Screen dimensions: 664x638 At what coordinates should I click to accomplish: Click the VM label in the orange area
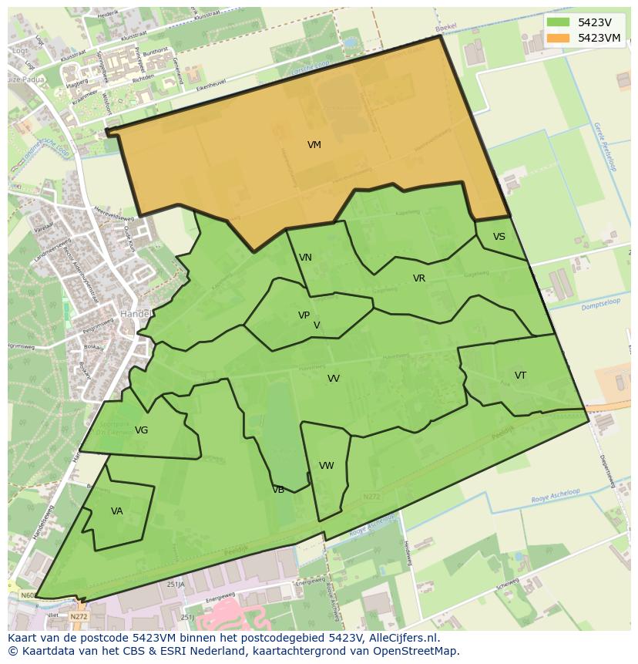pyautogui.click(x=314, y=145)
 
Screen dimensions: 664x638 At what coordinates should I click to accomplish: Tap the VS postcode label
pyautogui.click(x=499, y=237)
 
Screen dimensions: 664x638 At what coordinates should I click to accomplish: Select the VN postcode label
pyautogui.click(x=305, y=258)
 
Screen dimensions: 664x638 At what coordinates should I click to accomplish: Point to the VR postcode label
pyautogui.click(x=419, y=278)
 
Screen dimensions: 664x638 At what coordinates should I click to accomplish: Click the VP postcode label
pyautogui.click(x=304, y=315)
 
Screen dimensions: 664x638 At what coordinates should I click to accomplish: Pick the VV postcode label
pyautogui.click(x=334, y=379)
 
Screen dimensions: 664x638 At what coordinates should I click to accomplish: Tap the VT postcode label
pyautogui.click(x=520, y=376)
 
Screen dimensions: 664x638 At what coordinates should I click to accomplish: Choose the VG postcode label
pyautogui.click(x=141, y=430)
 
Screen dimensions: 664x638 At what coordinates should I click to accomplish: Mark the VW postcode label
pyautogui.click(x=327, y=466)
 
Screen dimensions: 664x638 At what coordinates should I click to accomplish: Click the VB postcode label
pyautogui.click(x=278, y=490)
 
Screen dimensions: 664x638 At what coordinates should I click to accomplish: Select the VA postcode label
pyautogui.click(x=117, y=511)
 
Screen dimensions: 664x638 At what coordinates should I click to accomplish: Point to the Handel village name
pyautogui.click(x=134, y=314)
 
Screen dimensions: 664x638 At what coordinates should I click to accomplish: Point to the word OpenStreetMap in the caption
pyautogui.click(x=415, y=651)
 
